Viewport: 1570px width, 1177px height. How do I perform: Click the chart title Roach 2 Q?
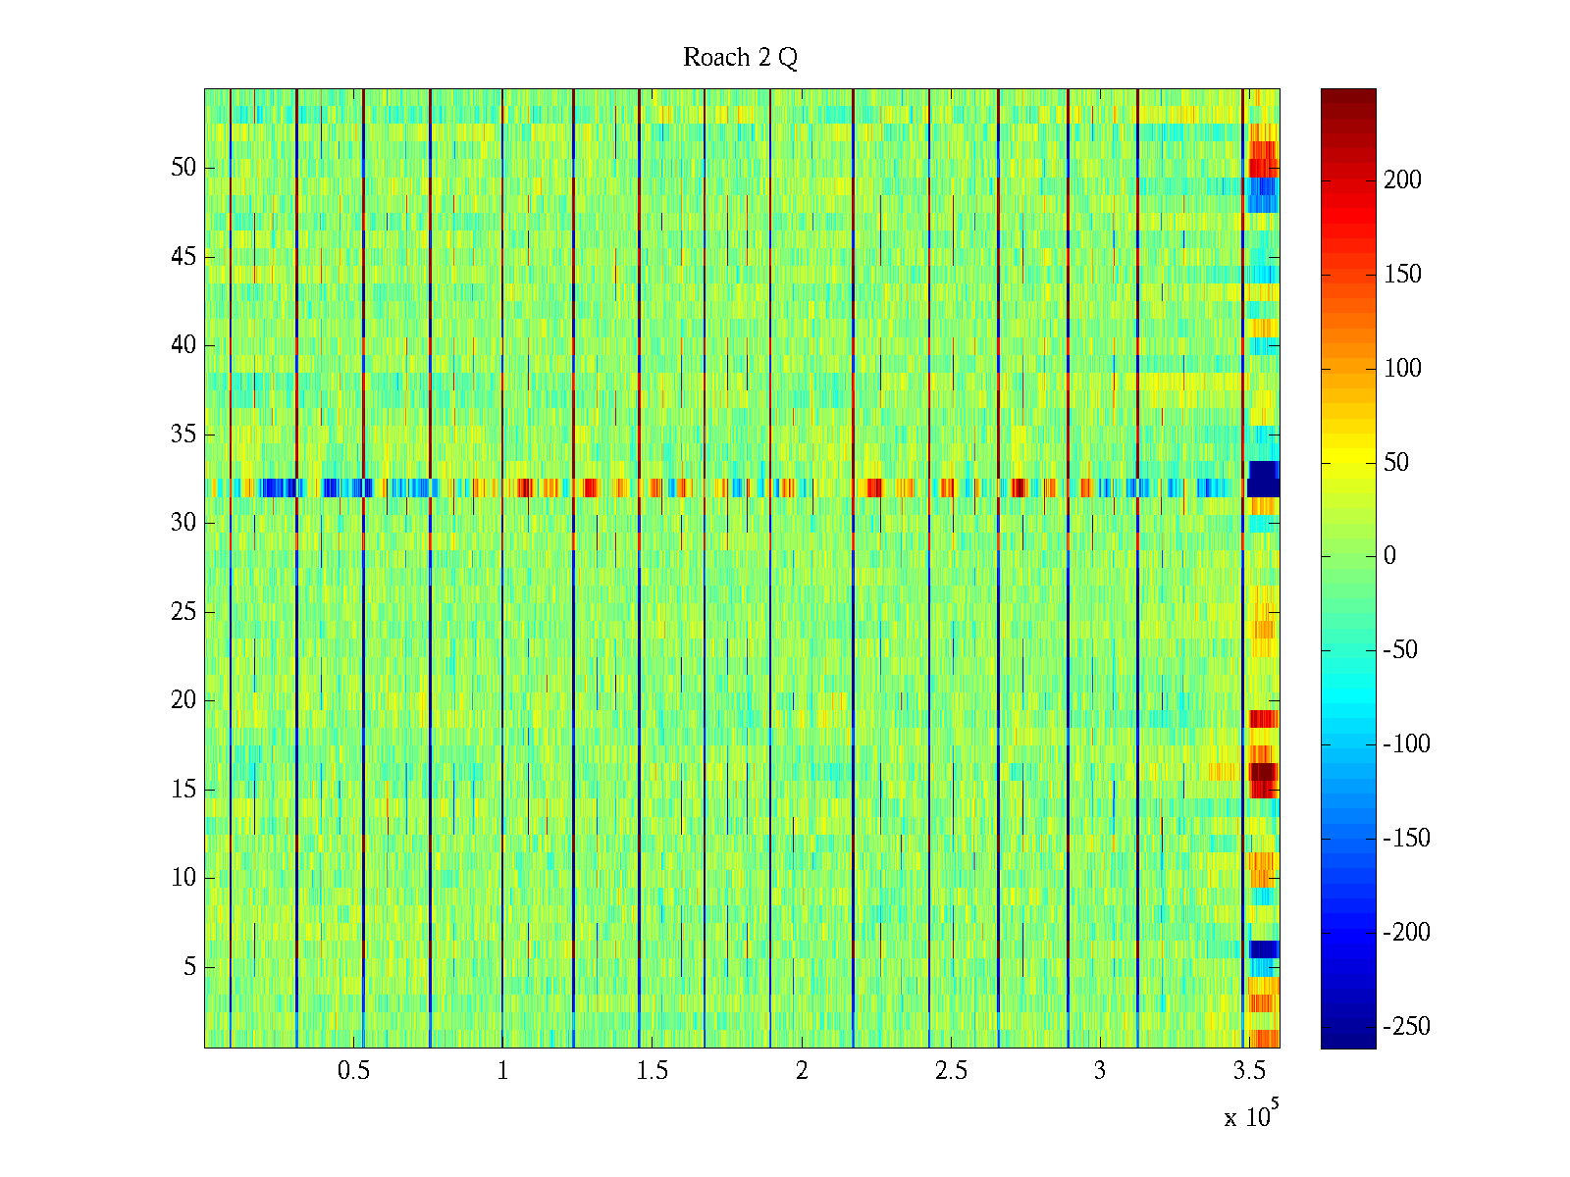click(740, 58)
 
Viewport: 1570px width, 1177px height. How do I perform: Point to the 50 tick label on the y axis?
click(183, 168)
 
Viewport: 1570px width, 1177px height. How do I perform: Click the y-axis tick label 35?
click(183, 435)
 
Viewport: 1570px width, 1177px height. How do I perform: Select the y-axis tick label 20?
click(183, 700)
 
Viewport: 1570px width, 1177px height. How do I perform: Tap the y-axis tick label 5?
click(189, 967)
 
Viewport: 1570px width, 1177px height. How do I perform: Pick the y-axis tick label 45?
click(183, 257)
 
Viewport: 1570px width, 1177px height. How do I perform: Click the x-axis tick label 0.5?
click(353, 1071)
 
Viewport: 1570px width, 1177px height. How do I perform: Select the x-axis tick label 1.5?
click(652, 1071)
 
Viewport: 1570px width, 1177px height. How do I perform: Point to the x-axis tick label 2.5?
click(950, 1071)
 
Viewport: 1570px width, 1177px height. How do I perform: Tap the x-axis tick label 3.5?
click(1248, 1071)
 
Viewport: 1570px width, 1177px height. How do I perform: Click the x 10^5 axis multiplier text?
click(1250, 1116)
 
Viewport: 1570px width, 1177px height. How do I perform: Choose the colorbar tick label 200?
click(1402, 180)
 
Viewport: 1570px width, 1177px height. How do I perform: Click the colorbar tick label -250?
click(1406, 1027)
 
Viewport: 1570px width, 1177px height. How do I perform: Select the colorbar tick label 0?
click(1389, 556)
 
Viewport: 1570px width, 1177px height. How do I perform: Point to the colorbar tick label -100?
click(1406, 744)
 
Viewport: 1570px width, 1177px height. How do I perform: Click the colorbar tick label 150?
click(1402, 275)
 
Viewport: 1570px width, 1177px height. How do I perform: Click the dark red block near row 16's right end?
click(1263, 772)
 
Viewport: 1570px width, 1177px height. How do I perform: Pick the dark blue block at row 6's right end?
click(1264, 949)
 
